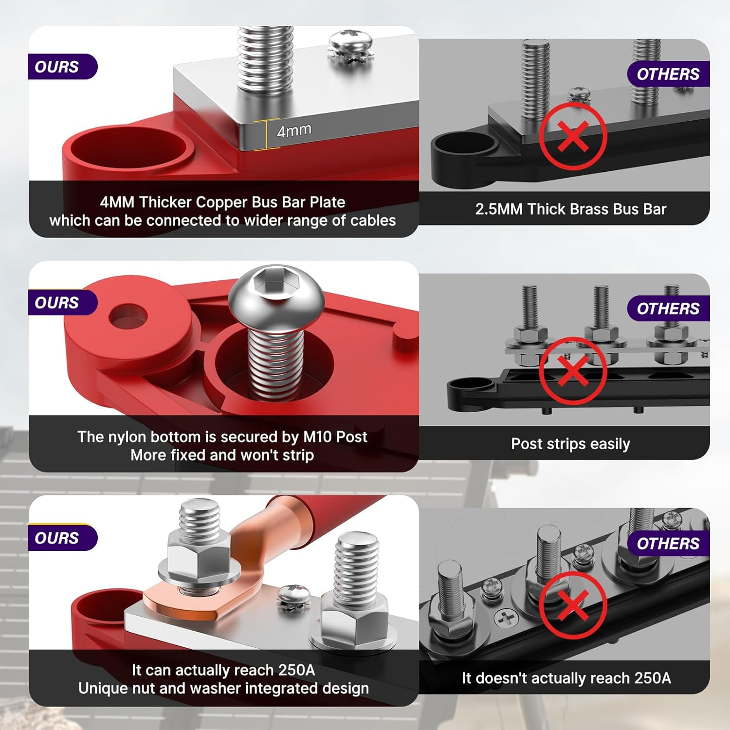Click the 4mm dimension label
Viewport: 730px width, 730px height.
(x=294, y=130)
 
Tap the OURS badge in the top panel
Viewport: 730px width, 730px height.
(x=62, y=67)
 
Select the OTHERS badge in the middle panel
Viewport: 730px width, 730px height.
(x=668, y=309)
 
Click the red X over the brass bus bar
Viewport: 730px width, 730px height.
(x=573, y=136)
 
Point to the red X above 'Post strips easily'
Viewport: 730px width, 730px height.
(x=573, y=371)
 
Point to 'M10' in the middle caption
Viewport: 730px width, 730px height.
(x=316, y=437)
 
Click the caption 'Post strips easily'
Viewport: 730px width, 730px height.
(x=570, y=444)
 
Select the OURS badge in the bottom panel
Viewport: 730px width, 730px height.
(x=62, y=538)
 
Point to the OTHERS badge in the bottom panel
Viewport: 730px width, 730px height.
(x=668, y=544)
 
